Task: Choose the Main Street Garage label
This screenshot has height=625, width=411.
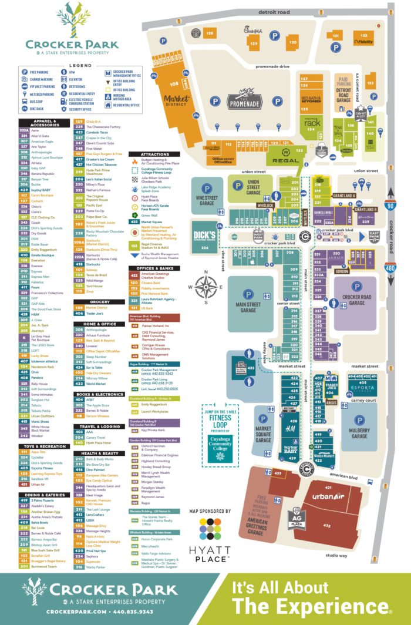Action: [x=248, y=305]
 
